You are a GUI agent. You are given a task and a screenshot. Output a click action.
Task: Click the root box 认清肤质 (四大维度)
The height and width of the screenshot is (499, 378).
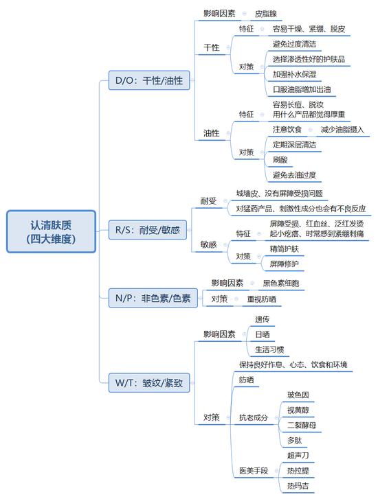coord(51,231)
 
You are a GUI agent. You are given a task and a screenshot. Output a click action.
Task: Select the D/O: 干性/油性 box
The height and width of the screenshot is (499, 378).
coord(149,80)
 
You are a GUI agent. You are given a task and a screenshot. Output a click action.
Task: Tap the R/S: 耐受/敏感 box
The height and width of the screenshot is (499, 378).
coord(148,229)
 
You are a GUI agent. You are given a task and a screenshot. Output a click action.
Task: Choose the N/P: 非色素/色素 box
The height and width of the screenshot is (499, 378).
coord(153,298)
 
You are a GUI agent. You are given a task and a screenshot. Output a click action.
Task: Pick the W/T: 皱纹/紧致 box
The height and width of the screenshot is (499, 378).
coord(149,382)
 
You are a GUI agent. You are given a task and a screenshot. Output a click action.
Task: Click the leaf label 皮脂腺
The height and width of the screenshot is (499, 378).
coord(265,14)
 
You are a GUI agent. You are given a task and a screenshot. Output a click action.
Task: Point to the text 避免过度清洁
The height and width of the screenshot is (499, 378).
coord(294,44)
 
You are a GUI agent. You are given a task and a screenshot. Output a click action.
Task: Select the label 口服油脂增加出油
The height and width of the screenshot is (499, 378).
coord(302,89)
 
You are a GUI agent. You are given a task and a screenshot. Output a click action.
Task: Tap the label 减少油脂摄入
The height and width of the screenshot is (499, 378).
coord(342,130)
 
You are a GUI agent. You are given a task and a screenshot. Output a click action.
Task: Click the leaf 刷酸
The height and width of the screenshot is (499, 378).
coord(280,159)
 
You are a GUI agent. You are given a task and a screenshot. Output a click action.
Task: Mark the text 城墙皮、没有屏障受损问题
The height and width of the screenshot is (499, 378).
coord(279,194)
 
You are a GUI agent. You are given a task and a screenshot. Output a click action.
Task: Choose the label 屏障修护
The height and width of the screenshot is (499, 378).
coord(284,264)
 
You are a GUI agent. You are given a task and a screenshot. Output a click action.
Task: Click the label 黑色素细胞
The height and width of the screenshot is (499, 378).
coord(281,283)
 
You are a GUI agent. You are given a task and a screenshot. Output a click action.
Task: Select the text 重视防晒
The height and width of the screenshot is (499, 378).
coord(261,299)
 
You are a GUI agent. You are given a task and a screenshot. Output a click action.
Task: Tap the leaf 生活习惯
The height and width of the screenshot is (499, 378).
coord(269,349)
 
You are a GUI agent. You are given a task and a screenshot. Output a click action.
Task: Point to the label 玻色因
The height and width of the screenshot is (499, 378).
coord(298,395)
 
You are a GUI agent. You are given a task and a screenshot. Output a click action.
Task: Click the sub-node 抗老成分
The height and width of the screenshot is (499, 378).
coord(254,417)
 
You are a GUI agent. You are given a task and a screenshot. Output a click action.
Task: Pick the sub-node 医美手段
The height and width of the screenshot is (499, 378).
coord(254,470)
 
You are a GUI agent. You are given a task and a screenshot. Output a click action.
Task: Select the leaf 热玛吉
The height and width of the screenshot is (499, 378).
coord(298,486)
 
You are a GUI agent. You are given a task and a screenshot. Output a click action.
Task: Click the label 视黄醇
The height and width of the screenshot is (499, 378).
coord(298,410)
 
